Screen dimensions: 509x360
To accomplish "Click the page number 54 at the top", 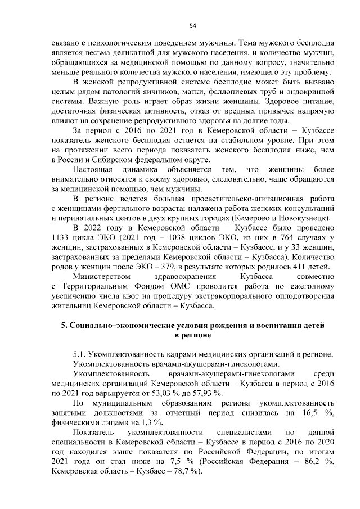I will [x=192, y=25].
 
